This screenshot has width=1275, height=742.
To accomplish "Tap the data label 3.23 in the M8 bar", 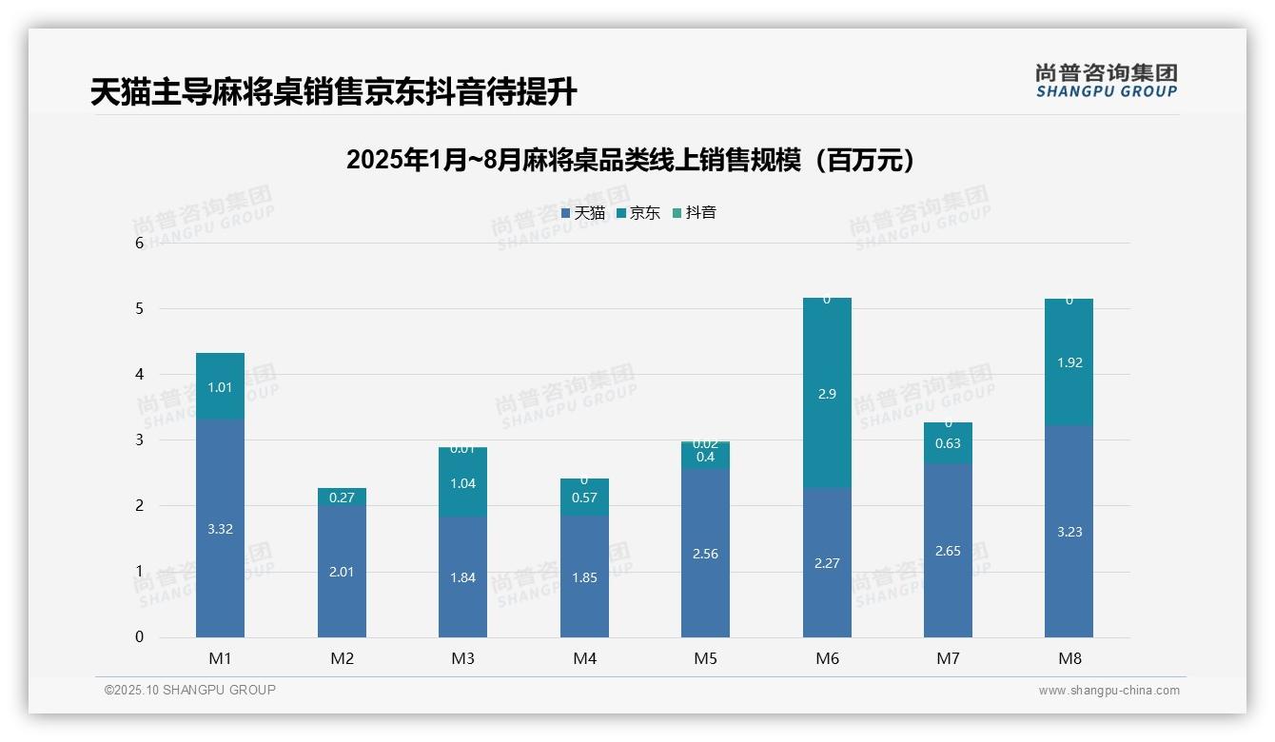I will [1069, 532].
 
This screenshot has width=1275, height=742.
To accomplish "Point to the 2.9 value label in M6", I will [827, 394].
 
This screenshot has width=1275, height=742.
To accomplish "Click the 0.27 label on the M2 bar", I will [342, 498].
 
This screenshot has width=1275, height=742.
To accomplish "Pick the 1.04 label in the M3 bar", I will [462, 483].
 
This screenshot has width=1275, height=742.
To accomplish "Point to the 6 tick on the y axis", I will [140, 243].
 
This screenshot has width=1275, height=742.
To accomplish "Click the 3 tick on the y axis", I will [140, 439].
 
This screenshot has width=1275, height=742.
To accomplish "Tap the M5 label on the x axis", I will [705, 658].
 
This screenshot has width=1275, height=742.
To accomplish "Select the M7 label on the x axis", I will [948, 658].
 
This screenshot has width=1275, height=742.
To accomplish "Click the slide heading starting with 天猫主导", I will [334, 92].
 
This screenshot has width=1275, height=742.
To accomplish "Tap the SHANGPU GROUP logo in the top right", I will [1106, 80].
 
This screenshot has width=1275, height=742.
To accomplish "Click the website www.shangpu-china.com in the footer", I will [1108, 691].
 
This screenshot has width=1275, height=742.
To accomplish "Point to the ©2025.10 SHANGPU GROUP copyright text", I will [190, 690].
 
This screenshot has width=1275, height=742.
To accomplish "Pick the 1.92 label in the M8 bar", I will [1069, 362].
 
